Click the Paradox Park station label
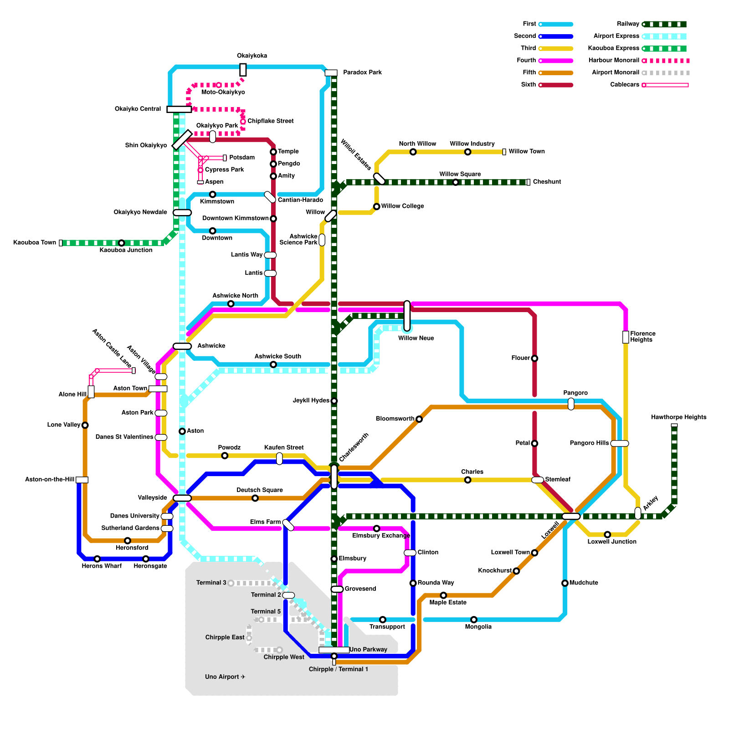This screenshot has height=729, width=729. click(362, 72)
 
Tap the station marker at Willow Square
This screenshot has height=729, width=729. click(456, 182)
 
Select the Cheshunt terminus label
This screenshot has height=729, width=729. click(547, 182)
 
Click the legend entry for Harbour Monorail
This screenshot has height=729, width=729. click(613, 60)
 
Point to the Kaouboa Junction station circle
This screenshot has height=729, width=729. click(121, 243)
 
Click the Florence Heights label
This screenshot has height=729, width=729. click(642, 337)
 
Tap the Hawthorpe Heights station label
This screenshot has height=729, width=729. click(678, 417)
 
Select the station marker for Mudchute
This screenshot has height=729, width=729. click(565, 583)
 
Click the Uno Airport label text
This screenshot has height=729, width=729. click(225, 677)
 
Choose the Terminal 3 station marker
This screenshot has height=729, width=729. click(231, 583)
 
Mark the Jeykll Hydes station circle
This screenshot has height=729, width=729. click(334, 401)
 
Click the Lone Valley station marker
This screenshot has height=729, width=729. click(85, 425)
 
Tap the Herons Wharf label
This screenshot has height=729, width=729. click(102, 566)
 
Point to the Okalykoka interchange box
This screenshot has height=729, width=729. click(243, 70)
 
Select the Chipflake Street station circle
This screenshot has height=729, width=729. click(243, 122)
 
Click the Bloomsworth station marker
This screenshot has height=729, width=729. click(419, 419)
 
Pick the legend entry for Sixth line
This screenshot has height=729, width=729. click(529, 85)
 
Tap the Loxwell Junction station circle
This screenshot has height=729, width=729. click(607, 534)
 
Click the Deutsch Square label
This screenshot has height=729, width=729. click(260, 490)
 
